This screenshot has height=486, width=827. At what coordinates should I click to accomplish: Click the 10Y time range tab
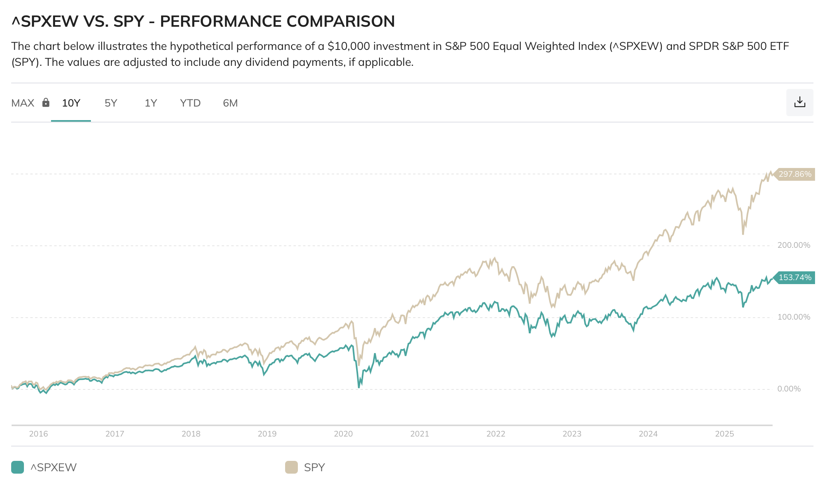tap(71, 103)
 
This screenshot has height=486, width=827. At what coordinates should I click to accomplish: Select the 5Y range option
tap(111, 103)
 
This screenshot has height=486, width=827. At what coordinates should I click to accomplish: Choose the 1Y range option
tap(151, 103)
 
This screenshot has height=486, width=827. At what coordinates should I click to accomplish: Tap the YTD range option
tap(190, 103)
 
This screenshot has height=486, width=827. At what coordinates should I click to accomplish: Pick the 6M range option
tap(230, 103)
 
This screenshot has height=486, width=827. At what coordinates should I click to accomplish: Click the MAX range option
tap(23, 103)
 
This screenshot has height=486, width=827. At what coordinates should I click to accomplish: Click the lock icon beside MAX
tap(46, 103)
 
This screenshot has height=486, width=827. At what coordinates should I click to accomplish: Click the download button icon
tap(799, 103)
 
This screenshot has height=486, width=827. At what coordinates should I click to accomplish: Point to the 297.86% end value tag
tap(794, 174)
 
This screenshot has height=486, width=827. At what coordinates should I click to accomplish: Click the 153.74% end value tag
tap(794, 278)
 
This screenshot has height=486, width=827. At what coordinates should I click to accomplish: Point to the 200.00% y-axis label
tap(794, 245)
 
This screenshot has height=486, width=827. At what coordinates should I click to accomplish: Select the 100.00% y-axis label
tap(794, 317)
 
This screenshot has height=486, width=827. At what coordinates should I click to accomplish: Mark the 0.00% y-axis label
tap(789, 389)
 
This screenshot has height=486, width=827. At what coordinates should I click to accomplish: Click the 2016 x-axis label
tap(38, 434)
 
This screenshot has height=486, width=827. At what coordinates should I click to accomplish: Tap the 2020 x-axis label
tap(343, 434)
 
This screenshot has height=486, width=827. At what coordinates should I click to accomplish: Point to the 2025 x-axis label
tap(725, 434)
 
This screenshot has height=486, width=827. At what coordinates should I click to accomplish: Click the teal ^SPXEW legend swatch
tap(18, 467)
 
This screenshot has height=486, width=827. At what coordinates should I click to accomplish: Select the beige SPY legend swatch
tap(291, 467)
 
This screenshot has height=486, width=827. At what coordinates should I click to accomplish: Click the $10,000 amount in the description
tap(349, 46)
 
